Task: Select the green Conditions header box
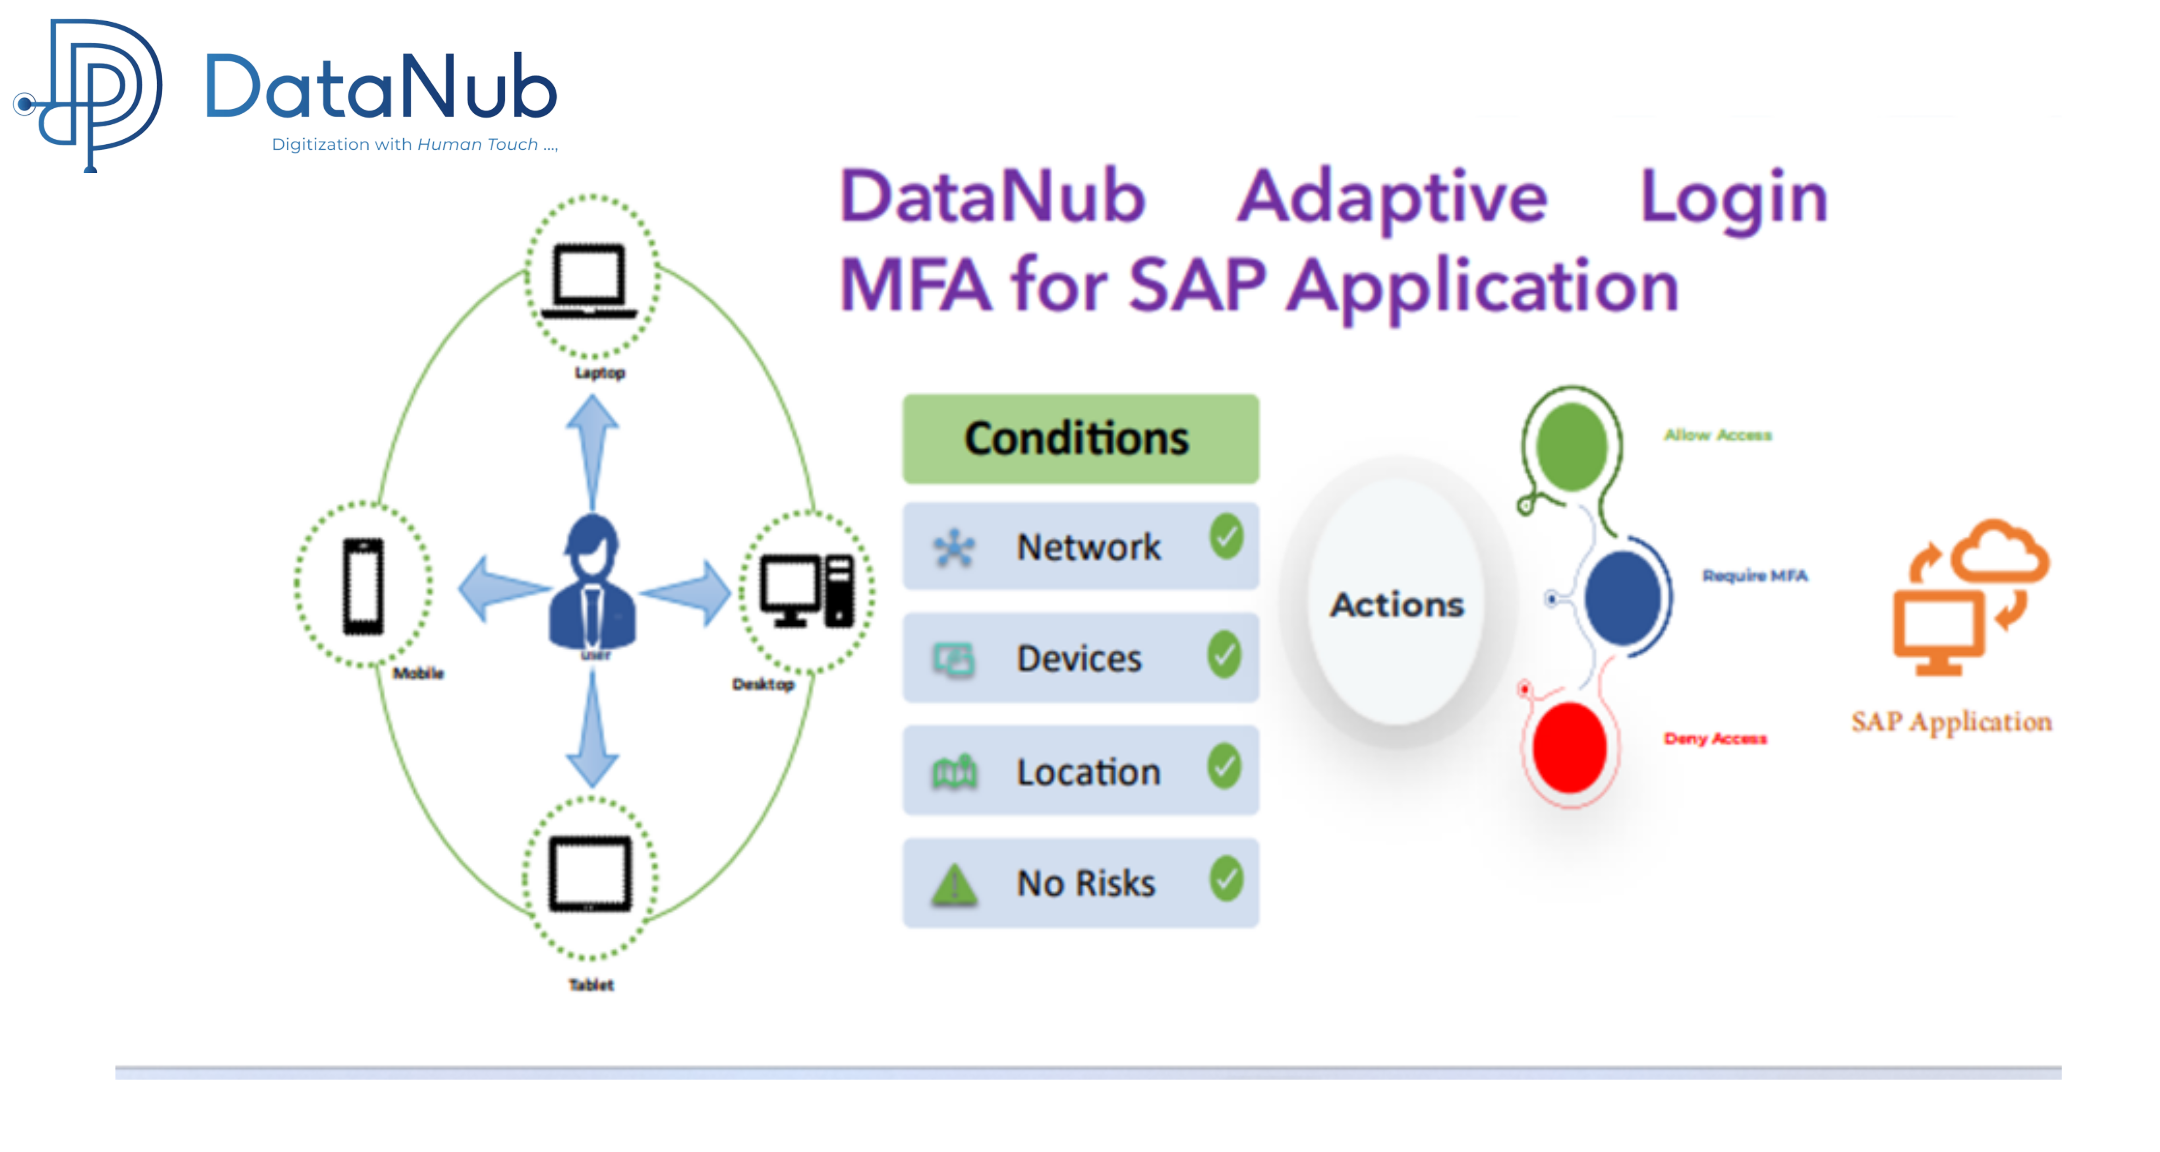tap(1080, 439)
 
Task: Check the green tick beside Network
tap(1226, 536)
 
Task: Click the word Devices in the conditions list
tap(1079, 658)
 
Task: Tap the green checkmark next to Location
tap(1224, 766)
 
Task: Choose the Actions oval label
tap(1397, 604)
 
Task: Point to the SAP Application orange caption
tap(1951, 722)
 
